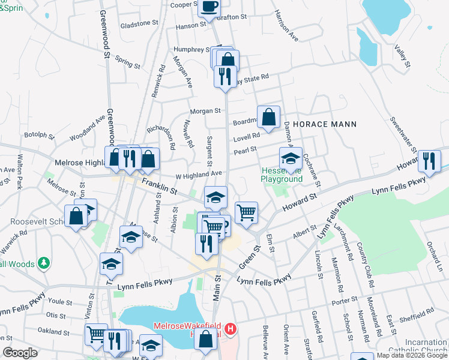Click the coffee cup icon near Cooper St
pyautogui.click(x=209, y=7)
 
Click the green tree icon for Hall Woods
pyautogui.click(x=43, y=263)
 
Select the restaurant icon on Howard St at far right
pyautogui.click(x=429, y=160)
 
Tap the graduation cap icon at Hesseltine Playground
pyautogui.click(x=291, y=159)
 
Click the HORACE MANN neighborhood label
pyautogui.click(x=325, y=124)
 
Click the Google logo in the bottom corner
pyautogui.click(x=20, y=353)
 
